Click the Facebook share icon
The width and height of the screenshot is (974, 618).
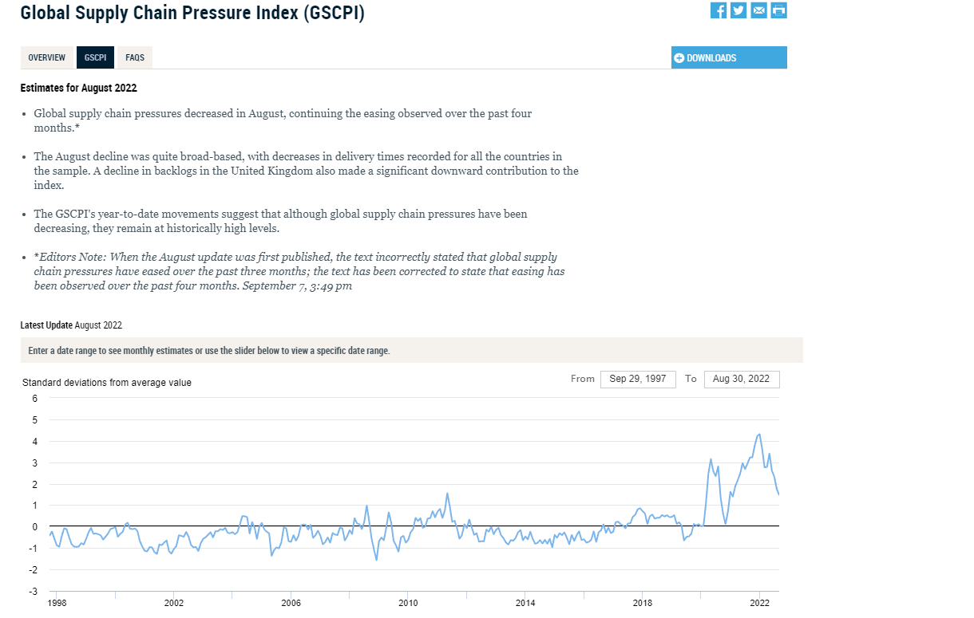click(719, 10)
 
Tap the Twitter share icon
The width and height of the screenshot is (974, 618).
click(738, 10)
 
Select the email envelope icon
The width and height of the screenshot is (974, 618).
click(759, 10)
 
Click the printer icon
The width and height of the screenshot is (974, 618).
click(779, 10)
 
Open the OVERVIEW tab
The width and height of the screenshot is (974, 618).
click(47, 58)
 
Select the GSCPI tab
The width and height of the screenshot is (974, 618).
click(95, 58)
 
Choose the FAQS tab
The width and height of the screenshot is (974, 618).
click(135, 58)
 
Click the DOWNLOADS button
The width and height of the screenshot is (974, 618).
click(729, 58)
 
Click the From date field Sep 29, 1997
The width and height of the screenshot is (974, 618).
click(637, 379)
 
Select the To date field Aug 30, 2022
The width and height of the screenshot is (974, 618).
click(741, 379)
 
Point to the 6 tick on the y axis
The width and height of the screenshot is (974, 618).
click(35, 398)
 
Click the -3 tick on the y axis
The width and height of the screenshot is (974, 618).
click(33, 592)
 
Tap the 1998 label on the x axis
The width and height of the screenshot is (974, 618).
click(57, 604)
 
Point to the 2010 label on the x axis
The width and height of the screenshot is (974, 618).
click(408, 604)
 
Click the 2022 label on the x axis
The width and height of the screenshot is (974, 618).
click(758, 604)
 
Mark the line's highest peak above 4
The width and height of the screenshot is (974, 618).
click(759, 435)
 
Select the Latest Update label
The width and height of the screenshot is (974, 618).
click(46, 325)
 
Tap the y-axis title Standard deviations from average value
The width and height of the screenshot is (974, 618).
click(107, 383)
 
